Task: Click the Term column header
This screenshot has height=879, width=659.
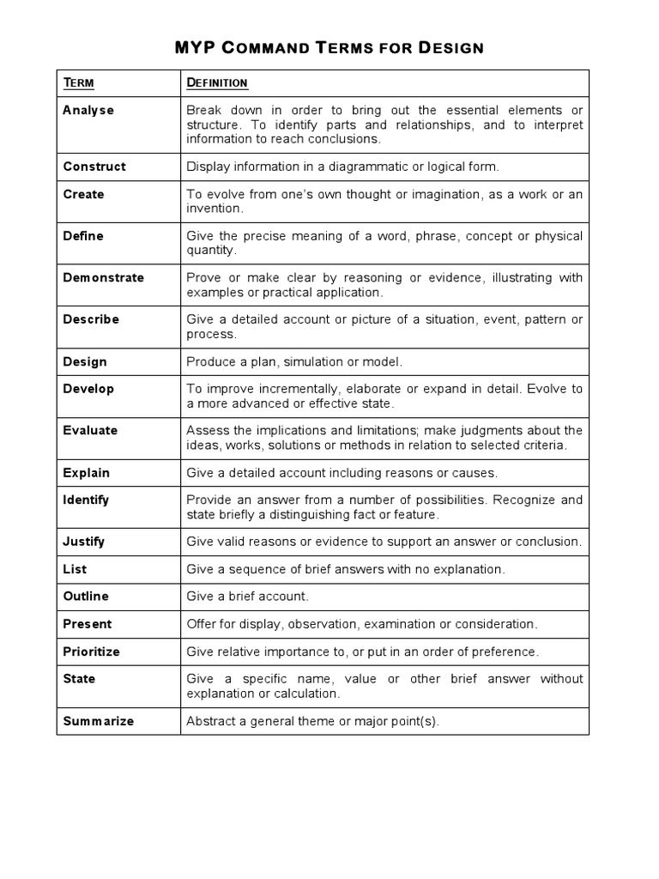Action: click(x=78, y=82)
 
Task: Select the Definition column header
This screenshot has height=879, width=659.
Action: click(x=217, y=82)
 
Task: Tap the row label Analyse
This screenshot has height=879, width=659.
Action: click(x=88, y=111)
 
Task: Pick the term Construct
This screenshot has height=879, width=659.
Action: click(x=94, y=167)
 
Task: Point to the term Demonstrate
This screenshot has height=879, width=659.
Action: click(x=103, y=277)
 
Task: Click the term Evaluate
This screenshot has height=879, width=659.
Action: click(x=90, y=430)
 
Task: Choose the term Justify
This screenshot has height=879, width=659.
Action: click(x=84, y=542)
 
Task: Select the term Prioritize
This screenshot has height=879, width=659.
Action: click(x=91, y=652)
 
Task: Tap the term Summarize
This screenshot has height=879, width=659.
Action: click(x=98, y=721)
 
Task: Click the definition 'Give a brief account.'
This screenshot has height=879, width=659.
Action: click(x=247, y=597)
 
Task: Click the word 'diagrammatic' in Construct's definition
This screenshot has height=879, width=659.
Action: click(x=362, y=167)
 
